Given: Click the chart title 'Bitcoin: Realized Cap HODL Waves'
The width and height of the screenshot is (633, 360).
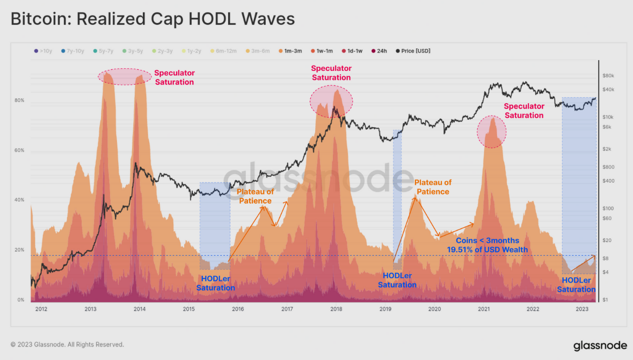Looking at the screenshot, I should (153, 19).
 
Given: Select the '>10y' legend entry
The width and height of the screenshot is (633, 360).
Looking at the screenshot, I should (43, 51).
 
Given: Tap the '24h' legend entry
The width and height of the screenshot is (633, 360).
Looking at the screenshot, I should (379, 51).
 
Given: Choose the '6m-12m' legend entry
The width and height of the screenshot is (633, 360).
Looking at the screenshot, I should (223, 51).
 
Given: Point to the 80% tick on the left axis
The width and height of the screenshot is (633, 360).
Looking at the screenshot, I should (19, 100).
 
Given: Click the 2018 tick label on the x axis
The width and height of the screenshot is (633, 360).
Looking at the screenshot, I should (336, 309).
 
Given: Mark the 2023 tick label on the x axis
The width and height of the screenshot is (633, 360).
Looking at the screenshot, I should (581, 309).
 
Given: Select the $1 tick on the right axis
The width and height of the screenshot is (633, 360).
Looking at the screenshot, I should (606, 300).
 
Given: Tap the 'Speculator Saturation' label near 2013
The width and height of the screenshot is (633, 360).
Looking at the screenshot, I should (174, 77).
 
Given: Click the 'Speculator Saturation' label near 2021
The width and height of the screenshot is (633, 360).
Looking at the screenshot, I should (523, 111).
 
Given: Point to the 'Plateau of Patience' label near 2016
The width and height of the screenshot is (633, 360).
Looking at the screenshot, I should (255, 196).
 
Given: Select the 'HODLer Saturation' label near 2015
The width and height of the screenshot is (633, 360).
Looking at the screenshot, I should (215, 283).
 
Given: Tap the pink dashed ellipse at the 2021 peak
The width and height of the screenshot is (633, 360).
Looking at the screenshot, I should (491, 132).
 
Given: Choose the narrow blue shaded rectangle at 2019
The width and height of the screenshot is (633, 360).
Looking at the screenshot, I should (397, 199).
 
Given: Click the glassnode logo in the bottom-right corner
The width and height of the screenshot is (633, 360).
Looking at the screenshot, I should (596, 345).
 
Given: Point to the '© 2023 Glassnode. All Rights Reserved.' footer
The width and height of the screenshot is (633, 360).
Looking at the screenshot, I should (67, 344).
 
